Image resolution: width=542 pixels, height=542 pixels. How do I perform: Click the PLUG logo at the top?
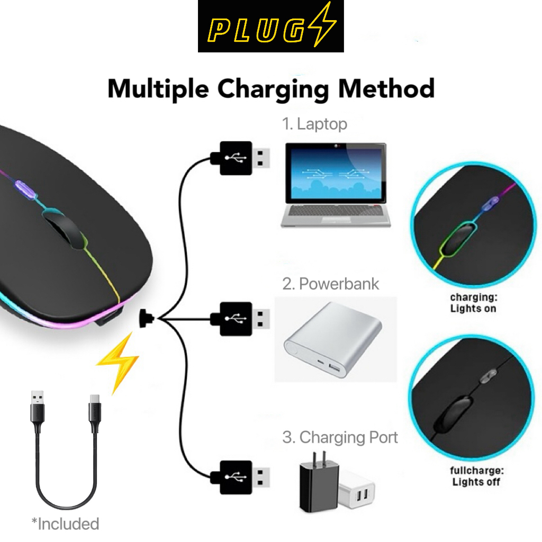coord(270,26)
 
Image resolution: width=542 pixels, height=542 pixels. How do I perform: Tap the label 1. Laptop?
coord(314,124)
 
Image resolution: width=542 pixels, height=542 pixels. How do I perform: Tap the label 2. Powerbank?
coord(331,284)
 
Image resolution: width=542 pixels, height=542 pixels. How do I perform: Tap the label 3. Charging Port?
coord(340,438)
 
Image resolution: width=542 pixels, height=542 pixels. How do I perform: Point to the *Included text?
coord(65,524)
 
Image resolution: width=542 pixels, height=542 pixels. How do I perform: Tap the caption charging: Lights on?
coord(473,303)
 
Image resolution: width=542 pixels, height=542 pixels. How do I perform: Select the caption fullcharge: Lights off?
coord(476,476)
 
